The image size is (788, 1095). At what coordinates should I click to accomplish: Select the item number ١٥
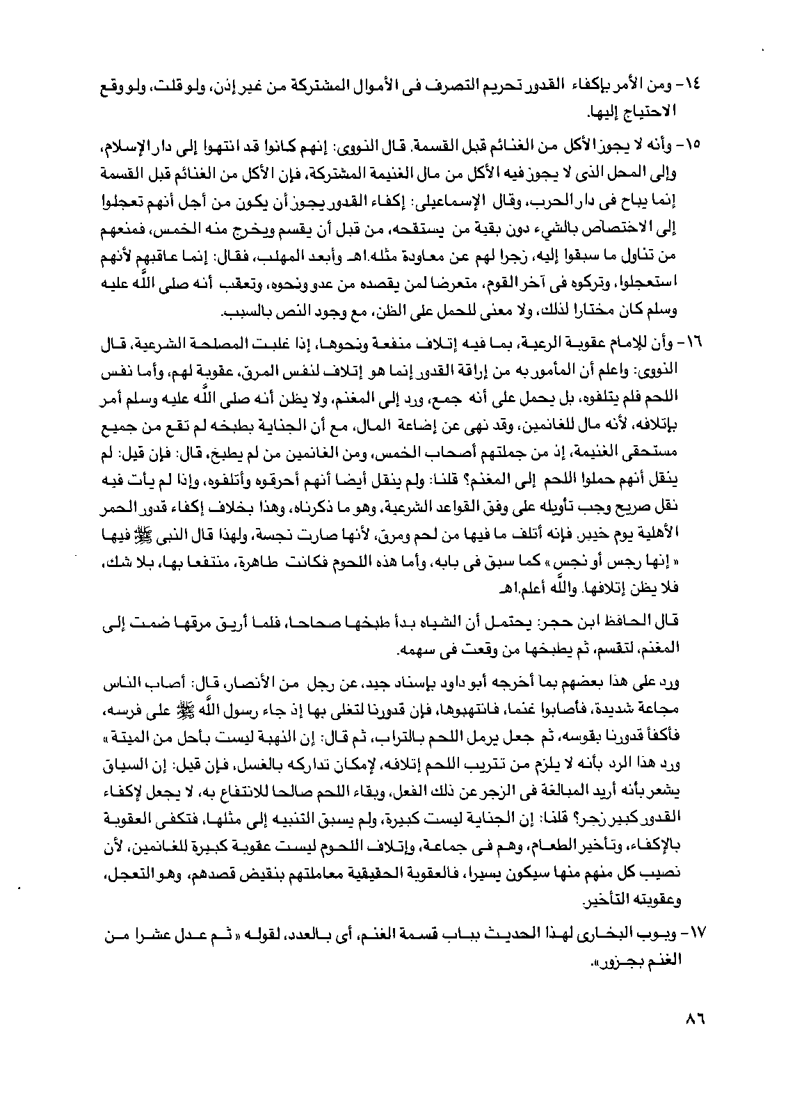tap(695, 147)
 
